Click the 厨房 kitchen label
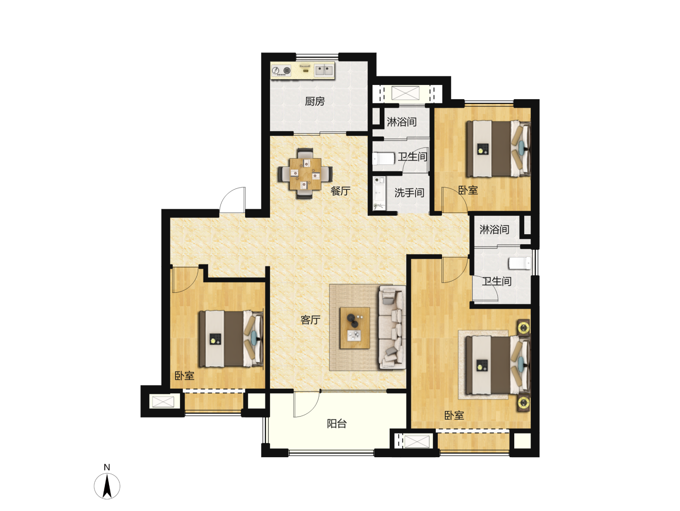click(314, 101)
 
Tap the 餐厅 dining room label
click(340, 191)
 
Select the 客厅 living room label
click(310, 320)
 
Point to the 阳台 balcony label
click(337, 423)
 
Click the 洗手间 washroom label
click(409, 193)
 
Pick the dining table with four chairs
click(305, 174)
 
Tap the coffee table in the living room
click(355, 328)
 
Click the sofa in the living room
click(392, 327)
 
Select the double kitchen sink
click(324, 71)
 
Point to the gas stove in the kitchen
click(282, 71)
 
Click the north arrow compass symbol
click(107, 486)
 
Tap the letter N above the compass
click(107, 468)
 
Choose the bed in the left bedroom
click(231, 339)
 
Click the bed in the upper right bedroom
click(499, 149)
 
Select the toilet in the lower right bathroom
click(520, 263)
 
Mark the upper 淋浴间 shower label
click(401, 122)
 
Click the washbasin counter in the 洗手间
click(379, 193)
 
